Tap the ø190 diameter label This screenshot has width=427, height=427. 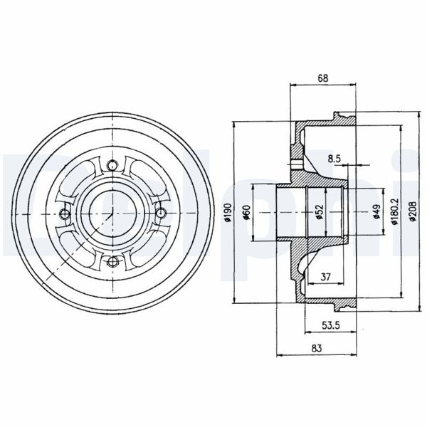point(226,213)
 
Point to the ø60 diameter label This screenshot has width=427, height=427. point(246,213)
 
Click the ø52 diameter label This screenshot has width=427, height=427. point(320,213)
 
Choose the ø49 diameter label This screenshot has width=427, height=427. point(375,213)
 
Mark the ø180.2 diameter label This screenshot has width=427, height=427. point(394,213)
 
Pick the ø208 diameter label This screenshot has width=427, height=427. point(413,213)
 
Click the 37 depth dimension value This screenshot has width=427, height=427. point(325,277)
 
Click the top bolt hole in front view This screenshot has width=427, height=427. point(111,166)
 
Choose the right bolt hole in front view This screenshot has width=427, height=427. point(159,213)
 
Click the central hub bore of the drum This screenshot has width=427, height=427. point(111,213)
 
